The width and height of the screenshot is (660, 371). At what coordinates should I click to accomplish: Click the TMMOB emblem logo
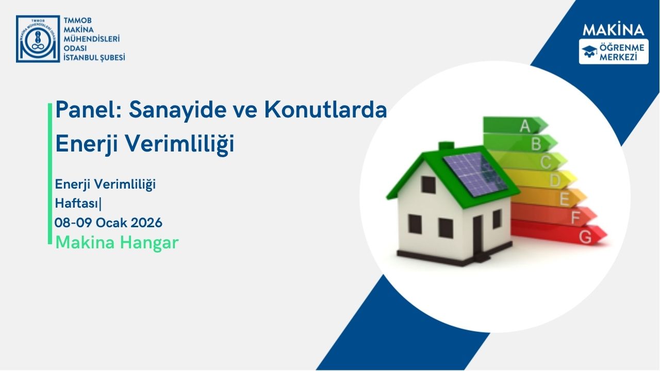(x=38, y=39)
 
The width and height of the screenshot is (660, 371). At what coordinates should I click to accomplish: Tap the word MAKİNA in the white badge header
(x=613, y=30)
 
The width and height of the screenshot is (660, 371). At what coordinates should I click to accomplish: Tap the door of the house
(x=477, y=234)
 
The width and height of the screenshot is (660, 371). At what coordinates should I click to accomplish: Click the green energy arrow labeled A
(x=516, y=125)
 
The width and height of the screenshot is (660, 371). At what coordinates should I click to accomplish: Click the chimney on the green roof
(x=445, y=146)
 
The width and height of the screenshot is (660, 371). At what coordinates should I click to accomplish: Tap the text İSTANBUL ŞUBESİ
(x=93, y=58)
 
